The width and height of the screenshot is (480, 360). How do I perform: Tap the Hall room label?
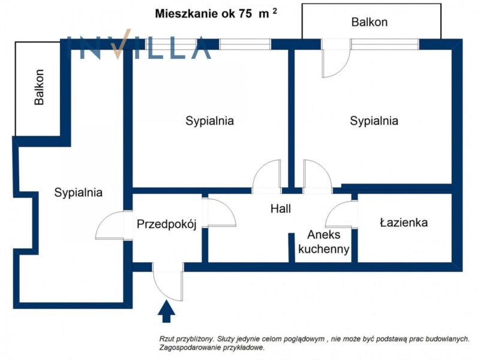280,209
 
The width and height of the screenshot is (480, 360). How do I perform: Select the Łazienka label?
404,223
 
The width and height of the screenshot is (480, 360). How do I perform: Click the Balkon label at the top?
369,22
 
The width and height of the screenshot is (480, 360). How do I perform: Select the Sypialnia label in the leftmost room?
78,193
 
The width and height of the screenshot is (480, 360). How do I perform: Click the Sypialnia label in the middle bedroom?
209,121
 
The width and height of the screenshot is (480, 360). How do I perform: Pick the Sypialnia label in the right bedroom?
374,121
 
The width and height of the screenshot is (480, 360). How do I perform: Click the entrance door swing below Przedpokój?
166,282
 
